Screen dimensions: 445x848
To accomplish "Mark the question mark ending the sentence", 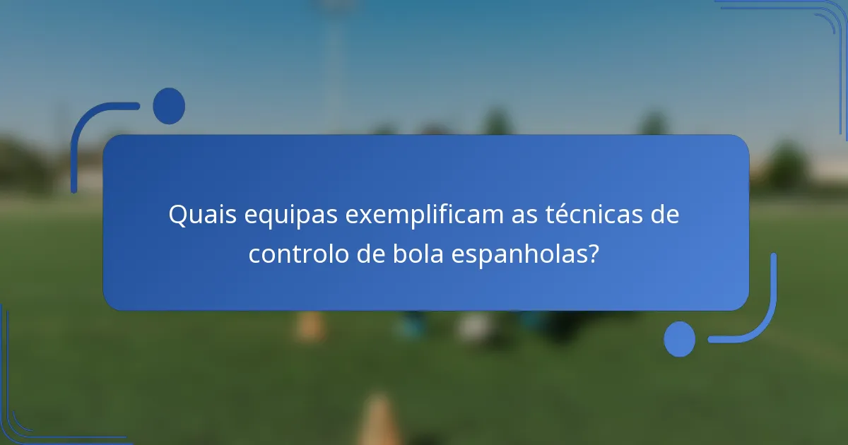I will (594, 254).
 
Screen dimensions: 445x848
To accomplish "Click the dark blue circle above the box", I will (169, 106).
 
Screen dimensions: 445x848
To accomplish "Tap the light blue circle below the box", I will (680, 339).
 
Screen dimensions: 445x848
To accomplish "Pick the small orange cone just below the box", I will (309, 326).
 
